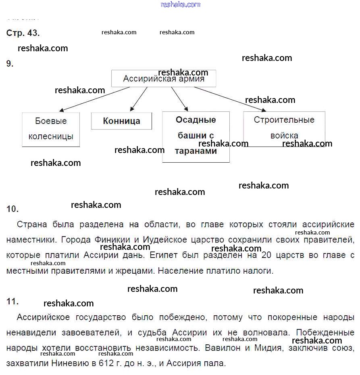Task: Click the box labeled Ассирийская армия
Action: pos(163,79)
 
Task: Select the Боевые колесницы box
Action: pos(51,129)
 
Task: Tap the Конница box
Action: pos(121,121)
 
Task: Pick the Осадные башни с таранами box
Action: pos(196,136)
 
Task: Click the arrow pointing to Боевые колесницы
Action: pos(94,99)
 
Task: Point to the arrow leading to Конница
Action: pos(139,98)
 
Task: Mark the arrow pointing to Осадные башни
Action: pos(179,98)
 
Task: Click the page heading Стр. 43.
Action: pos(23,33)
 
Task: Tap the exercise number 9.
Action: pos(10,63)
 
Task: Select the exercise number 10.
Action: pos(12,209)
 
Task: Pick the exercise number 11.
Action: pos(12,302)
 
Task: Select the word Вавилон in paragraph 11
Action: pos(221,348)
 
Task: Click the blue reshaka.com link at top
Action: pos(180,4)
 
